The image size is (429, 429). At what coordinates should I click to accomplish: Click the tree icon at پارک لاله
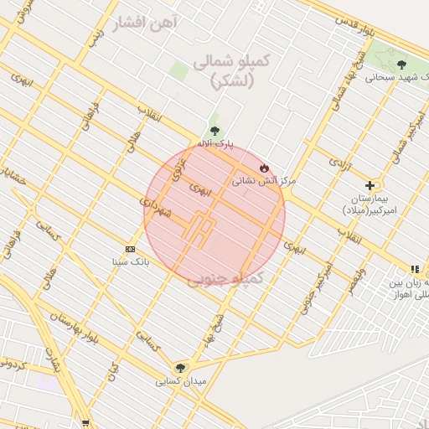[215, 131]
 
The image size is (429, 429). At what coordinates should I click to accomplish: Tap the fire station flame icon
[265, 167]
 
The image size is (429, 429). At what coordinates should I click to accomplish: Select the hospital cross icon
[370, 185]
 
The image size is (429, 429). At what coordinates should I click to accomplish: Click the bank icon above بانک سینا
[130, 249]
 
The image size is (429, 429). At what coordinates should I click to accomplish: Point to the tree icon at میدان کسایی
[180, 368]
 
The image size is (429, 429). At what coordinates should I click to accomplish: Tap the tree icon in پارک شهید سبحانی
[401, 64]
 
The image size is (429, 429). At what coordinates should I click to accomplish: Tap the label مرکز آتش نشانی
[264, 180]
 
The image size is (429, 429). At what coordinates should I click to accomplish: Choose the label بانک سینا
[131, 261]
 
